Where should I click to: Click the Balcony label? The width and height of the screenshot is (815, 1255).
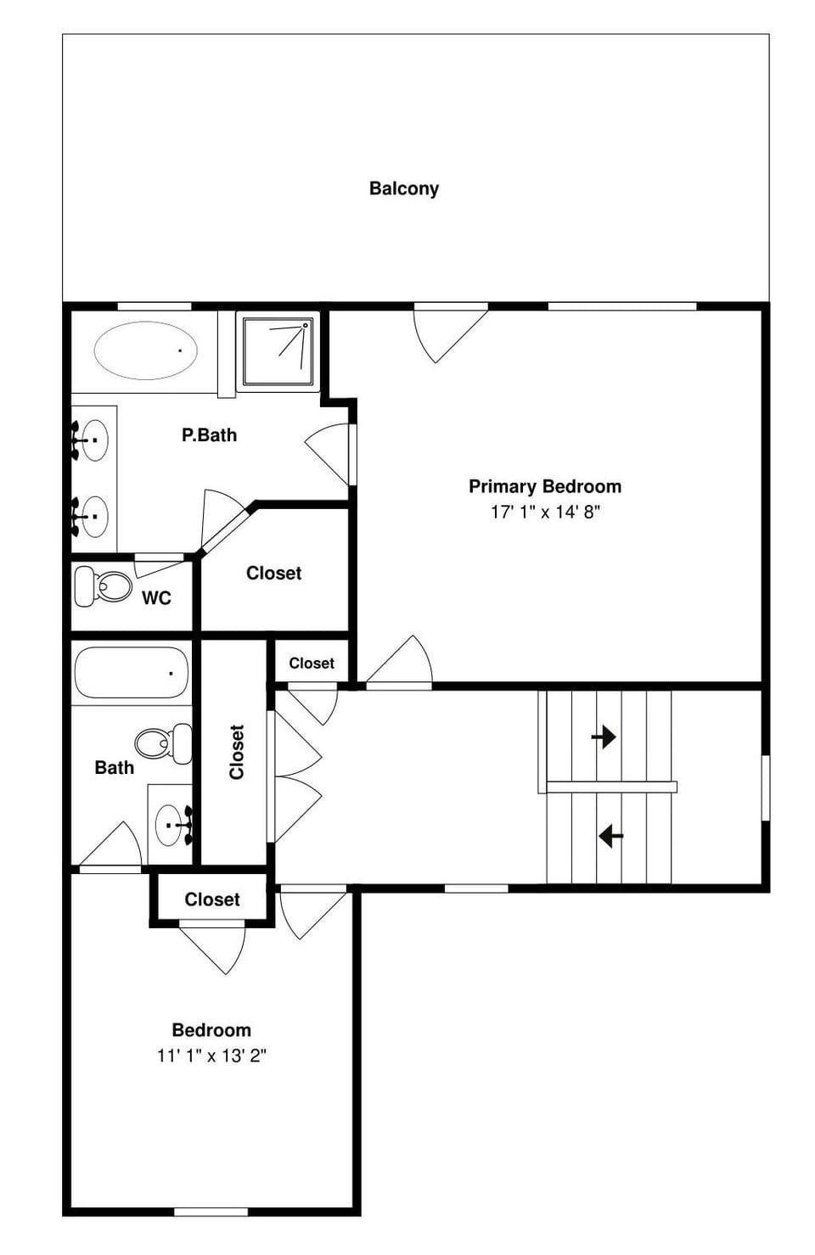pos(403,188)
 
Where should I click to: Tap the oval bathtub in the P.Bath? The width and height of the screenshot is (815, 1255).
pos(145,350)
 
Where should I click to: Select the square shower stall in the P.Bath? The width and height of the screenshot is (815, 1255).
pos(277,350)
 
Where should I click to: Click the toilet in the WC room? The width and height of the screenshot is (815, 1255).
pos(104,585)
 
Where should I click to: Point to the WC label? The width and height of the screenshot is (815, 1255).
pos(156,598)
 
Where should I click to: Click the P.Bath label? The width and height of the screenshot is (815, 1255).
pos(209,435)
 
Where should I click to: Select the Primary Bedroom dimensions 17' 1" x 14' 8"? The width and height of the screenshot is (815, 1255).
pos(545,512)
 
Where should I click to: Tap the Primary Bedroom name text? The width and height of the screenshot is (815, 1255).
pos(545,486)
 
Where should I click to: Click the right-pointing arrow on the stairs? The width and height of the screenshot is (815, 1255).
pos(604,736)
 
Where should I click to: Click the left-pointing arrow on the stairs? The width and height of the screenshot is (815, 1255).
pos(610,836)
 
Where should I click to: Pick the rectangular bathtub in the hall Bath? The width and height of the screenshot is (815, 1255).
pos(131,674)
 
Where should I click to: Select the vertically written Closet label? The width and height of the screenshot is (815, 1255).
pos(237,752)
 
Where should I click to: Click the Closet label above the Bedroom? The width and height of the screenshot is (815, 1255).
pos(212,899)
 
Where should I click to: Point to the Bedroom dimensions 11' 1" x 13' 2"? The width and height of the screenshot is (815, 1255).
pos(211,1056)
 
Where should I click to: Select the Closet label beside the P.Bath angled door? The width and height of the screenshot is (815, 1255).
pos(273,574)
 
